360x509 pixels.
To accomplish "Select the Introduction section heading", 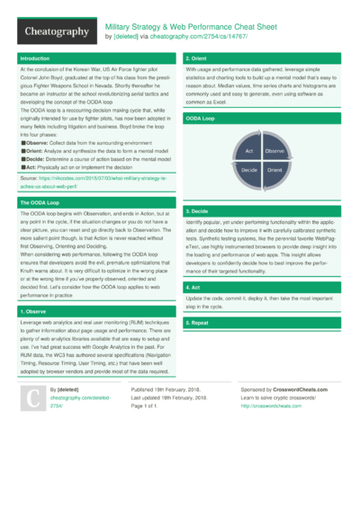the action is pos(36,58).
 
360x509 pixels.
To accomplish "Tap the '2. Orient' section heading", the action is pos(198,58).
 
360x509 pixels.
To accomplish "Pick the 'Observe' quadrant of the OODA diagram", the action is pos(274,153).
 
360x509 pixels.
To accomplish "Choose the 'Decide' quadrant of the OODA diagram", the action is pos(251,169).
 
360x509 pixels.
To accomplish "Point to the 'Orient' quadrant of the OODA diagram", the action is pos(274,169).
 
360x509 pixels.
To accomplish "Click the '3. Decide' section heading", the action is pos(199,210).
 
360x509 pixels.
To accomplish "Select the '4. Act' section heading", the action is pos(194,287).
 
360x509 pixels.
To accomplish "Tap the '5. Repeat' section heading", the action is pos(199,322).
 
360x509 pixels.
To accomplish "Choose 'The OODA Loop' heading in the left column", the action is pos(40,203).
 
